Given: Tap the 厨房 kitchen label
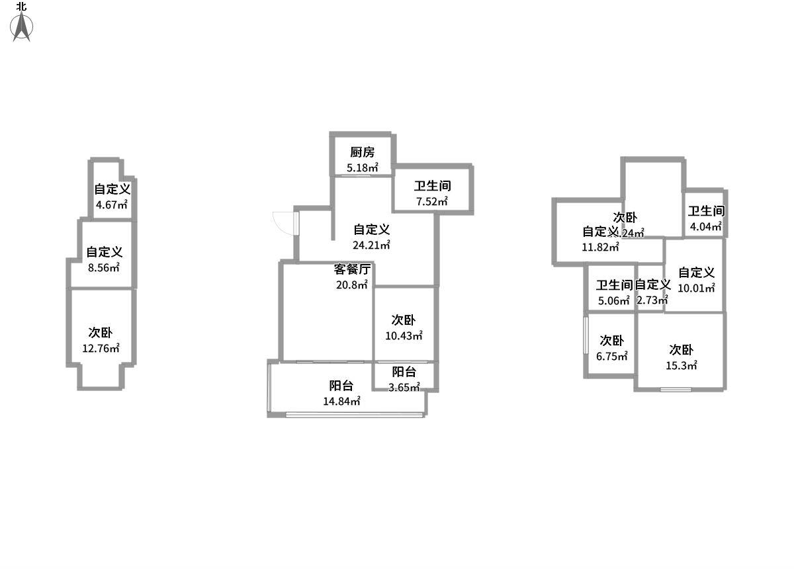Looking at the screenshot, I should [363, 153].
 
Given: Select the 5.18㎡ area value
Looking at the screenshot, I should [363, 168].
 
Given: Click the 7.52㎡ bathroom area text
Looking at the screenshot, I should [432, 202].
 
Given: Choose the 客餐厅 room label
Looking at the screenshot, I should [352, 269].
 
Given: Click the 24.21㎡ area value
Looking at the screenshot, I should [371, 245].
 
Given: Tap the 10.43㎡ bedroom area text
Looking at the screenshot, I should [404, 336].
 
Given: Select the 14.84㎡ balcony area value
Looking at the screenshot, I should [341, 402].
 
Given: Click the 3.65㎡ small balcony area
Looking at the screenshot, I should [404, 388].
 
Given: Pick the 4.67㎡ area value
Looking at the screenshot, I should [112, 205].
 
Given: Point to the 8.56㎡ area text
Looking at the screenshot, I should [104, 268].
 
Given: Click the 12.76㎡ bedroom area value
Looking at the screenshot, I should [101, 348].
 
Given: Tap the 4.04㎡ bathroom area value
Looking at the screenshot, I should [706, 227].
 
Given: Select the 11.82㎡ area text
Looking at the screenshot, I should [601, 247].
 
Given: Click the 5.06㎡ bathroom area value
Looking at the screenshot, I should [614, 301].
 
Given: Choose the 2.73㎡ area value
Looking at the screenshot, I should [652, 300].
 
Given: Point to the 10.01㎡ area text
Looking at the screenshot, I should [697, 288].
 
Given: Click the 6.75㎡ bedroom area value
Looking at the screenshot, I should [612, 356].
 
